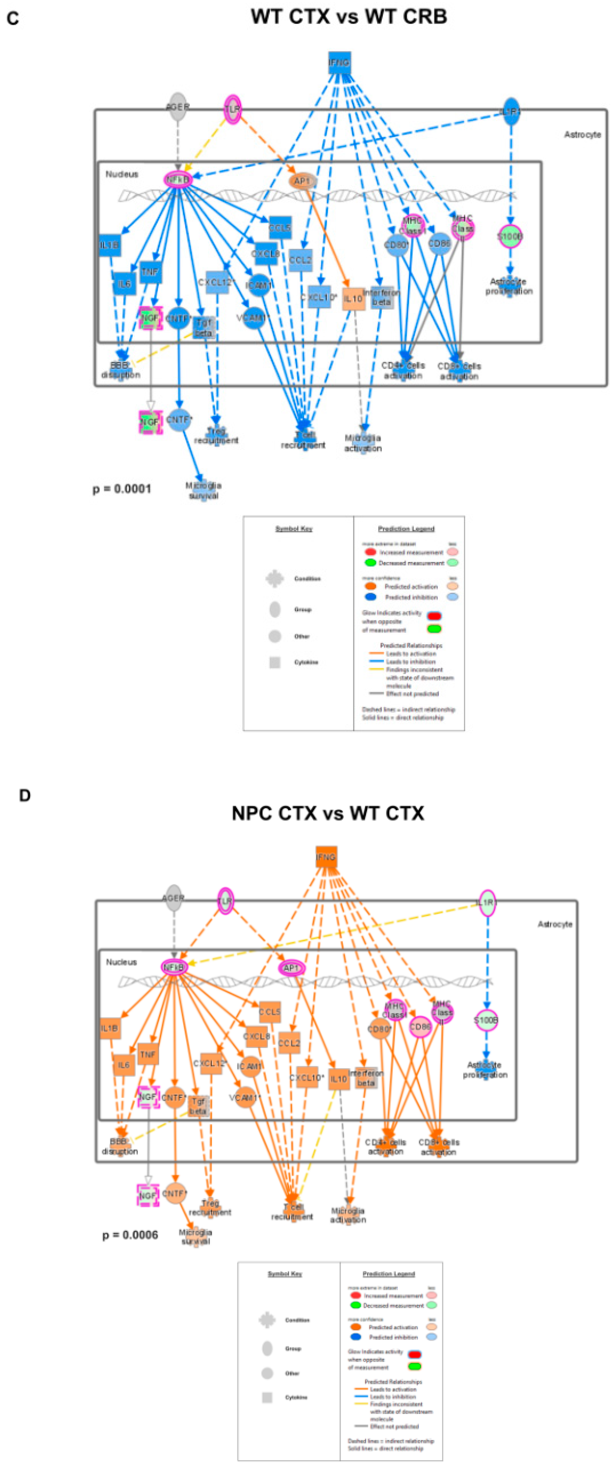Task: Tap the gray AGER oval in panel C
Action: point(178,107)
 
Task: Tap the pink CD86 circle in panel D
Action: point(420,1027)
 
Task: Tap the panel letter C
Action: point(12,19)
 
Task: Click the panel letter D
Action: point(25,796)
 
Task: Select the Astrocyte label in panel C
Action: point(582,135)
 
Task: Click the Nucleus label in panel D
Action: point(122,962)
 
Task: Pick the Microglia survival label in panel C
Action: point(203,490)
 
